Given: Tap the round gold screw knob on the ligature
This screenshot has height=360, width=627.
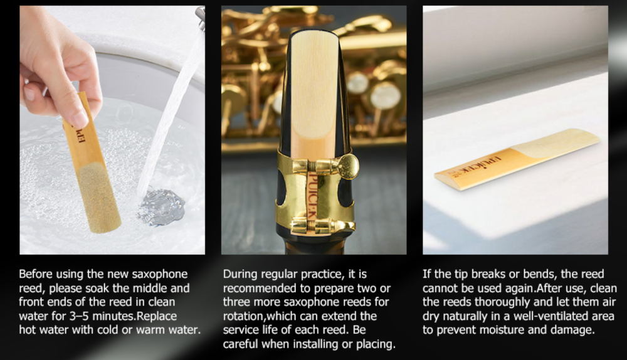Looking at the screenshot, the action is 347,166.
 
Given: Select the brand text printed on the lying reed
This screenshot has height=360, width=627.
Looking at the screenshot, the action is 476,165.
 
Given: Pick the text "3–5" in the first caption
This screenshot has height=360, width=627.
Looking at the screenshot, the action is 79,316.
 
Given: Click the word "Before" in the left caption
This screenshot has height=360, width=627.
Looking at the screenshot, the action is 36,274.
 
